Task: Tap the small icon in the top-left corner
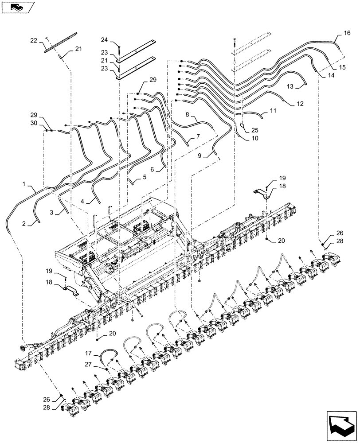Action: click(x=16, y=7)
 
